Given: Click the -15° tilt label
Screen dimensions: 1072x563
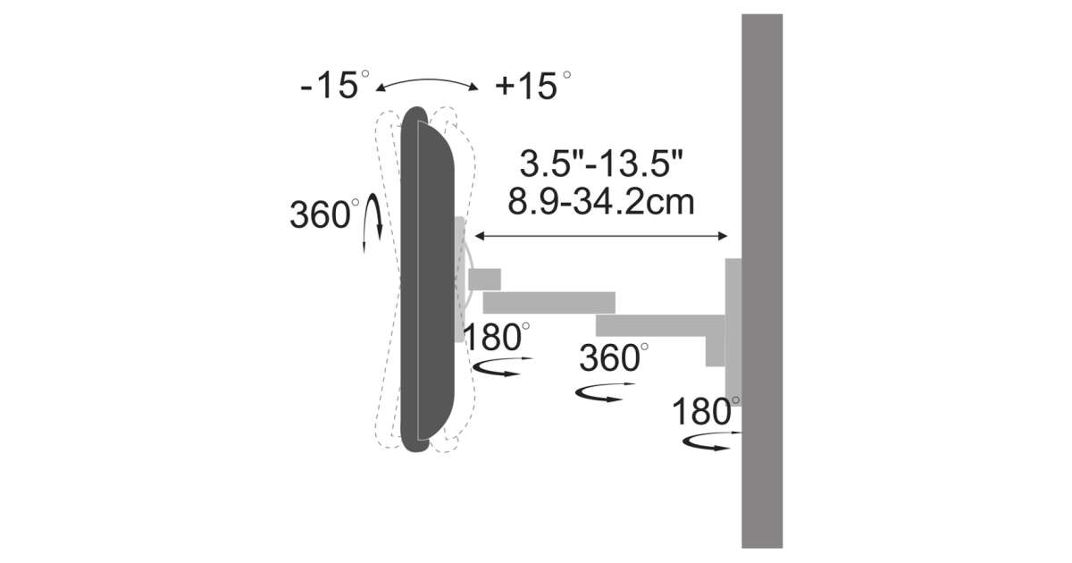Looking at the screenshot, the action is (x=335, y=85).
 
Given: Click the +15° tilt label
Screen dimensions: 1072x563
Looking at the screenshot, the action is (x=533, y=86).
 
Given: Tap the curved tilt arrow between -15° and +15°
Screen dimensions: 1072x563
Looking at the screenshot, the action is (x=427, y=81).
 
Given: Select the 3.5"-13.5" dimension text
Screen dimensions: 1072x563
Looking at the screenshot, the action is (x=600, y=164).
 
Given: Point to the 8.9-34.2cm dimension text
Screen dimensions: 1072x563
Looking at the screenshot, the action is (x=600, y=202).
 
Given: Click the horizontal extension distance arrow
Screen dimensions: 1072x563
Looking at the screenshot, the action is (x=601, y=236).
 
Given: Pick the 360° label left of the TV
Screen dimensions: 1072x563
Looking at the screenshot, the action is (x=324, y=214).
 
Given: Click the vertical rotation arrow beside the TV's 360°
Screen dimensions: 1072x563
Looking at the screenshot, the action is (x=373, y=222).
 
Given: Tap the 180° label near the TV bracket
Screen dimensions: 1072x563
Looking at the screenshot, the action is (x=497, y=337).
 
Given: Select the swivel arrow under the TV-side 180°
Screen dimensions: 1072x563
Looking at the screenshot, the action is (x=501, y=366).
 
